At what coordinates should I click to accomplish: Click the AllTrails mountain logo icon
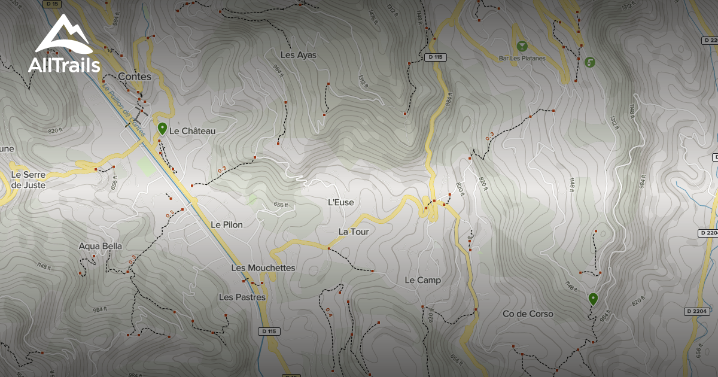click(x=63, y=34)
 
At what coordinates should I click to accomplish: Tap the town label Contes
click(x=135, y=77)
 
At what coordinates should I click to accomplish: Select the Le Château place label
click(x=192, y=130)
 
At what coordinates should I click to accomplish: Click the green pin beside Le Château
click(x=162, y=128)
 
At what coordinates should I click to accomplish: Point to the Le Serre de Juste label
click(x=28, y=180)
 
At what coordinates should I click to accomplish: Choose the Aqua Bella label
click(x=100, y=245)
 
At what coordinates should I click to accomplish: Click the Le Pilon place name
click(x=227, y=224)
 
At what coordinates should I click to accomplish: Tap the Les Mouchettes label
click(x=263, y=267)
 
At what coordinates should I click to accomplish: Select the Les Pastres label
click(x=242, y=297)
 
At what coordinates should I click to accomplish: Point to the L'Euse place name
click(x=341, y=202)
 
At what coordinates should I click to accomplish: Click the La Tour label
click(x=353, y=232)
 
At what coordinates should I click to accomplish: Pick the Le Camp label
click(x=422, y=280)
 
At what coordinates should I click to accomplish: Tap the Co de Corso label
click(x=528, y=314)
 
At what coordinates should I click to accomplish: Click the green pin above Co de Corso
click(x=593, y=298)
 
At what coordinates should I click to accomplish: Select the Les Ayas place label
click(x=298, y=55)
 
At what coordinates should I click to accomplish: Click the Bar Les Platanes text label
click(x=522, y=58)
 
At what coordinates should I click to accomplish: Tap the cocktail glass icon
click(x=522, y=45)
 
